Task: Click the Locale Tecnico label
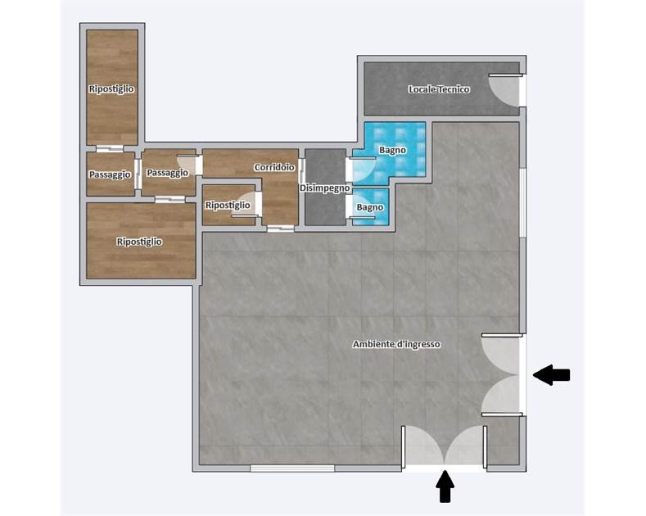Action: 439,89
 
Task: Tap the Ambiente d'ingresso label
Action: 396,344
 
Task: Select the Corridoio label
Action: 274,167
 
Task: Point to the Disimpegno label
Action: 325,188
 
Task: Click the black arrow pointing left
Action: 551,375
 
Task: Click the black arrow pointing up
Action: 445,487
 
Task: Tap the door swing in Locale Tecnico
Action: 504,91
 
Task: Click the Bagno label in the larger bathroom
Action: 392,150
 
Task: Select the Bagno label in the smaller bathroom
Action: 370,207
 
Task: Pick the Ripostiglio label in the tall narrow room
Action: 111,88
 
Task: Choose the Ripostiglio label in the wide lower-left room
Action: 139,242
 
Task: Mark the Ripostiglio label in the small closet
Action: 228,205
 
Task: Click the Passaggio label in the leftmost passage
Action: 110,174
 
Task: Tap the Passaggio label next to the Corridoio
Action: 167,172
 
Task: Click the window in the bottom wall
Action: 292,468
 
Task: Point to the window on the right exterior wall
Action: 522,202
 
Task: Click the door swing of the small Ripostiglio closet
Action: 246,204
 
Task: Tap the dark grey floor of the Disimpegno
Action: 325,206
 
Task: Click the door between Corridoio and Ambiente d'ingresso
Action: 281,229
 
